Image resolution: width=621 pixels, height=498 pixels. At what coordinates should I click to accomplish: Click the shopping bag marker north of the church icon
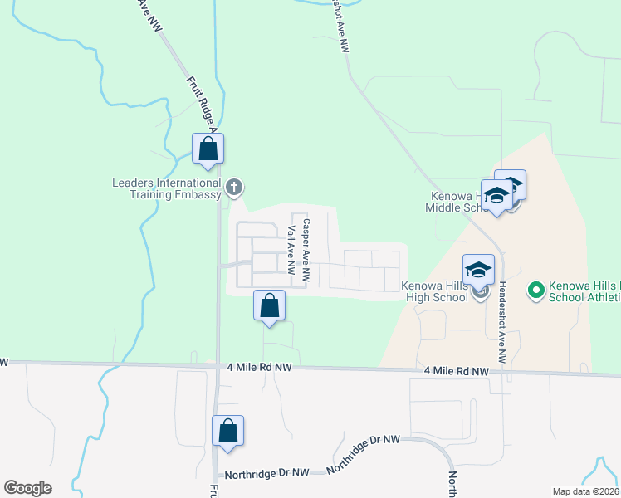click(x=208, y=149)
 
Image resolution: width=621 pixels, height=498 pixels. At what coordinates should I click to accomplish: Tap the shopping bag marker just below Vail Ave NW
click(x=269, y=306)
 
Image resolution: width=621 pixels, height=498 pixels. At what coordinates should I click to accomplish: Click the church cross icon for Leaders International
click(x=234, y=188)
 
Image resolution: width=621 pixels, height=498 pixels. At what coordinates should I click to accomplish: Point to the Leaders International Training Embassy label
click(x=167, y=188)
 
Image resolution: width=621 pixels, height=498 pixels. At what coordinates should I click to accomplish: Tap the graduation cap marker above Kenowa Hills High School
click(x=478, y=270)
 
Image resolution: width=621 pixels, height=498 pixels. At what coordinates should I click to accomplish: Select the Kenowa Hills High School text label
click(x=435, y=290)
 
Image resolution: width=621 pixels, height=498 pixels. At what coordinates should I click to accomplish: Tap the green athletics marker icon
click(x=535, y=290)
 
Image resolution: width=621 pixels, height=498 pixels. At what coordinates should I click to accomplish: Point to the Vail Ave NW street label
click(x=291, y=250)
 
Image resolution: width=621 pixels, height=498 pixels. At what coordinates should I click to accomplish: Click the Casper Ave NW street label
click(x=306, y=249)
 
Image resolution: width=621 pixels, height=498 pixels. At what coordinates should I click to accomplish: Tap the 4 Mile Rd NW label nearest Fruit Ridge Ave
click(x=259, y=366)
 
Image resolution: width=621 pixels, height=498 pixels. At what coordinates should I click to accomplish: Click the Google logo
click(x=28, y=487)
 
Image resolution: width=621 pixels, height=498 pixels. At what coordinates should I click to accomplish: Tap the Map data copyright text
click(x=584, y=491)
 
